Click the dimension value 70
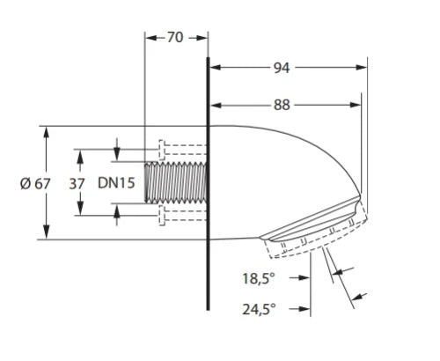pyautogui.click(x=175, y=37)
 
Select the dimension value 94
pyautogui.click(x=282, y=68)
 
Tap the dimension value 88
pyautogui.click(x=282, y=105)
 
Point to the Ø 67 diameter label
pyautogui.click(x=35, y=184)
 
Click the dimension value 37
pyautogui.click(x=77, y=184)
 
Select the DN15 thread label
pyautogui.click(x=116, y=183)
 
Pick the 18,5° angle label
pyautogui.click(x=259, y=278)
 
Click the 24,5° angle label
pyautogui.click(x=259, y=309)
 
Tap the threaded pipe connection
pyautogui.click(x=176, y=182)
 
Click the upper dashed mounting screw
pyautogui.click(x=183, y=150)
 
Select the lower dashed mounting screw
pyautogui.click(x=183, y=216)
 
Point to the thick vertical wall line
pyautogui.click(x=208, y=183)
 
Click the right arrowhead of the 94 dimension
pyautogui.click(x=361, y=68)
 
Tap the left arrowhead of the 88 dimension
pyautogui.click(x=216, y=105)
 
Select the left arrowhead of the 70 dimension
pyautogui.click(x=150, y=38)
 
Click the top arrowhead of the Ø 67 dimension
pyautogui.click(x=46, y=132)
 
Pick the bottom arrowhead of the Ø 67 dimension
pyautogui.click(x=46, y=233)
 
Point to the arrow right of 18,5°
pyautogui.click(x=299, y=277)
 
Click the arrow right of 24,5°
pyautogui.click(x=299, y=309)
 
